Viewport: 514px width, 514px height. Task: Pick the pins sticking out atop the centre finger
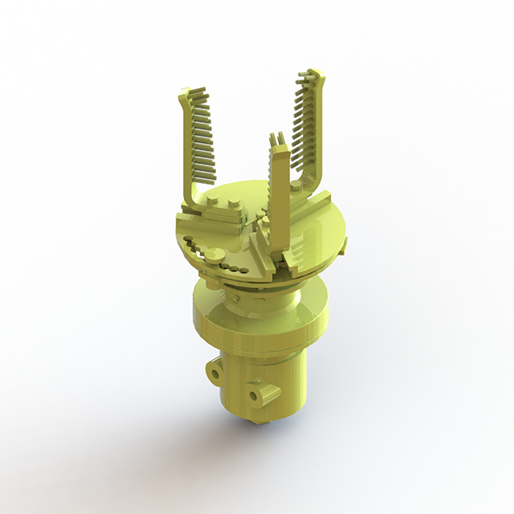pos(279,138)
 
